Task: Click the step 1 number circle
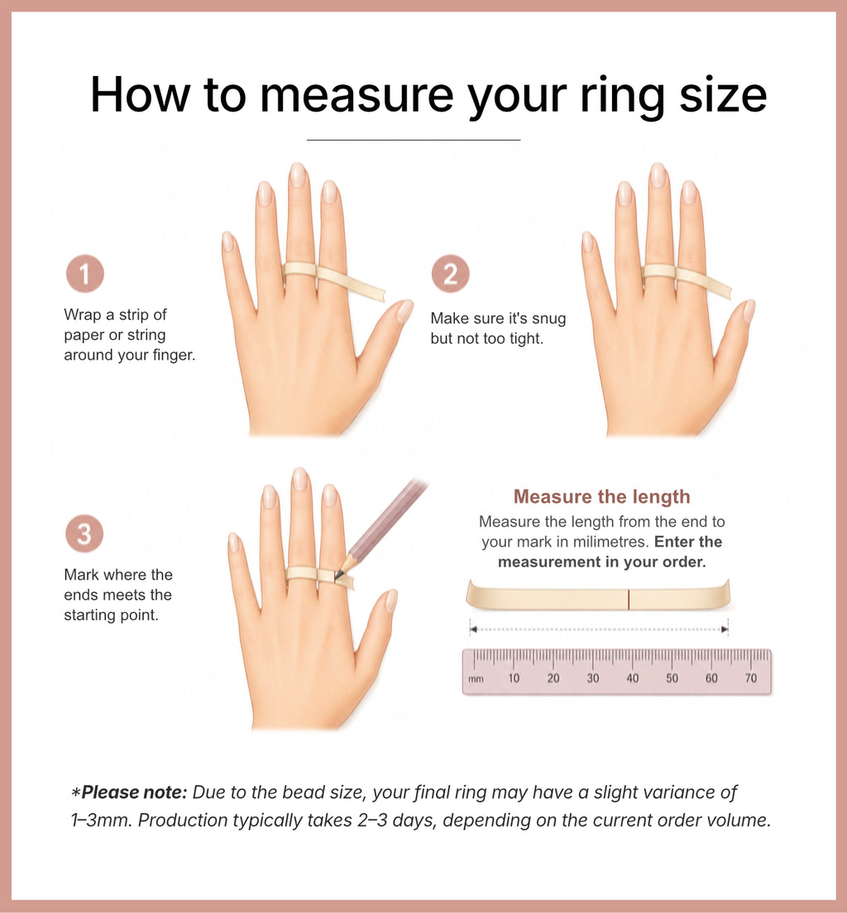pyautogui.click(x=84, y=274)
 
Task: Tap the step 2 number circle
pyautogui.click(x=450, y=274)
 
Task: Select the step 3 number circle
pyautogui.click(x=84, y=533)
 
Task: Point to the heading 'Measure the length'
pyautogui.click(x=602, y=497)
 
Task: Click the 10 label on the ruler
pyautogui.click(x=514, y=678)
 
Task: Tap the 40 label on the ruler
pyautogui.click(x=633, y=678)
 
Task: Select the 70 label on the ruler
pyautogui.click(x=751, y=678)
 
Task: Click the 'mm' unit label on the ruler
pyautogui.click(x=476, y=679)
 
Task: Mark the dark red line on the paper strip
pyautogui.click(x=629, y=599)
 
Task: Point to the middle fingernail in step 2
pyautogui.click(x=658, y=175)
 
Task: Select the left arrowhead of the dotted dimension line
pyautogui.click(x=474, y=629)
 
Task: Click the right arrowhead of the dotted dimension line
pyautogui.click(x=724, y=629)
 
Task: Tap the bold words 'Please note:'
pyautogui.click(x=135, y=792)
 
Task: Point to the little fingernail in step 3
pyautogui.click(x=233, y=543)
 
